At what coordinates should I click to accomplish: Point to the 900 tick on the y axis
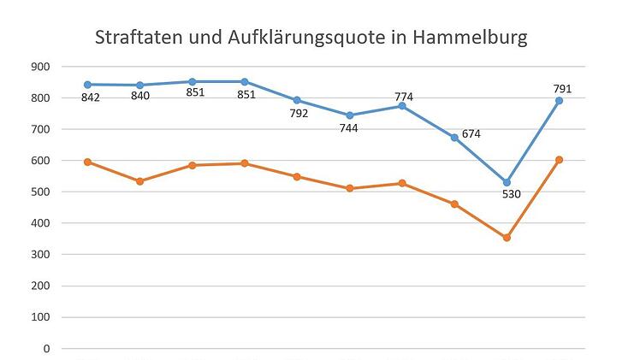(x=40, y=67)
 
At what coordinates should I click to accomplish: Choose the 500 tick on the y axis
(x=40, y=192)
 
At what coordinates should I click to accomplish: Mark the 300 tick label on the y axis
(x=40, y=254)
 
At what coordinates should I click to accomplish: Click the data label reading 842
(x=91, y=97)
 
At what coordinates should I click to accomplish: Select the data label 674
(x=471, y=134)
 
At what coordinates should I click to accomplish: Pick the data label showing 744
(x=348, y=128)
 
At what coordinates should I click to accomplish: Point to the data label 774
(x=404, y=97)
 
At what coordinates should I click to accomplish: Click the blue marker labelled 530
(x=507, y=182)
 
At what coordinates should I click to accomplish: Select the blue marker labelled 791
(x=559, y=101)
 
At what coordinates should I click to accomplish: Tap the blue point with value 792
(x=297, y=100)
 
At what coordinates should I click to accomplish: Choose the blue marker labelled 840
(x=140, y=85)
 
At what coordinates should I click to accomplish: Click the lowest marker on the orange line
(x=507, y=238)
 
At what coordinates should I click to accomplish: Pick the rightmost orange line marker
(x=559, y=160)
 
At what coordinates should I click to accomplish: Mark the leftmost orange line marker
(x=88, y=162)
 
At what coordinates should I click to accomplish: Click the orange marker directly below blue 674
(x=454, y=204)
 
